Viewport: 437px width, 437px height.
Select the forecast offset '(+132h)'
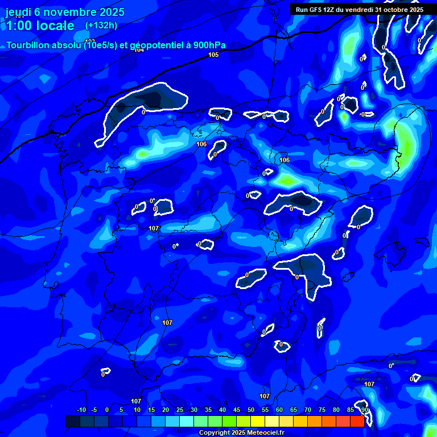(101, 25)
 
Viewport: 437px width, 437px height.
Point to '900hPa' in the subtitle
(209, 45)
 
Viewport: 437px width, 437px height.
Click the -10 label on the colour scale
(81, 410)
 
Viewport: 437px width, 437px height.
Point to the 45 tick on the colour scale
(237, 410)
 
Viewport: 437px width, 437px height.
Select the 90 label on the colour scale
(364, 410)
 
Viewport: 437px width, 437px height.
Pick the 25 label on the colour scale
(180, 410)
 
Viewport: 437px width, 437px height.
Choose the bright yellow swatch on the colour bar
(258, 421)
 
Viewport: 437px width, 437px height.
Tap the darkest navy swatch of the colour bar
(73, 421)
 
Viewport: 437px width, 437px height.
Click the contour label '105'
(213, 55)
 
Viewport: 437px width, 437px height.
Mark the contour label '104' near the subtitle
(139, 50)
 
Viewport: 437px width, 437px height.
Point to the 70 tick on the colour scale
(308, 410)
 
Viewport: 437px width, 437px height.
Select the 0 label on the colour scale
(107, 410)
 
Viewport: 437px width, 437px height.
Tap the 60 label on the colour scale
(279, 410)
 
